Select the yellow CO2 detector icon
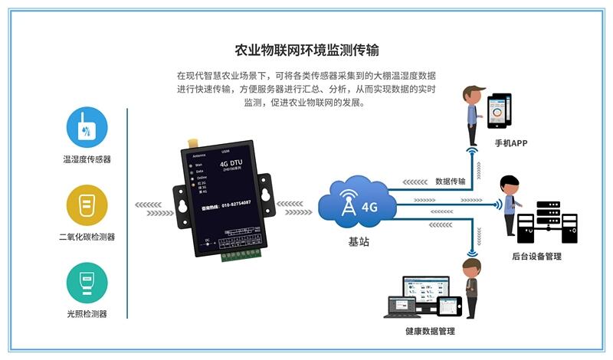[x=87, y=205]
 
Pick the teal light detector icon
[x=87, y=283]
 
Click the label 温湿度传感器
[x=87, y=159]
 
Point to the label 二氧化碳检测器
[x=87, y=237]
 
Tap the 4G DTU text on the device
[x=231, y=162]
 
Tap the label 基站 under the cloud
[x=359, y=241]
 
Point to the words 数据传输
[x=450, y=182]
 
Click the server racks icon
[x=546, y=222]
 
